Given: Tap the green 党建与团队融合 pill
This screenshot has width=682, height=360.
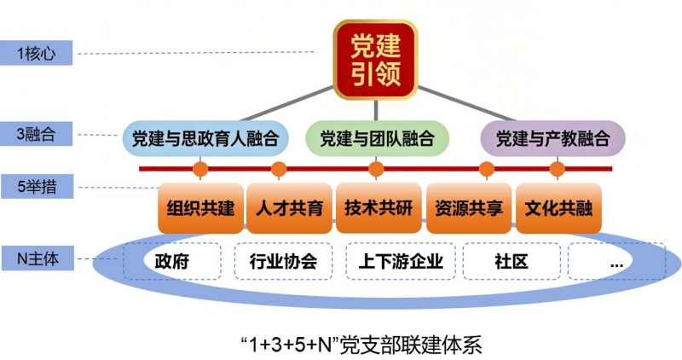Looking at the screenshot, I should [x=372, y=137].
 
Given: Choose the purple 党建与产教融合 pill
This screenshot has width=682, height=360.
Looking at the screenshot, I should [x=552, y=137].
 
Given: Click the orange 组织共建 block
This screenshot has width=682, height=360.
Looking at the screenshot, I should [x=201, y=207].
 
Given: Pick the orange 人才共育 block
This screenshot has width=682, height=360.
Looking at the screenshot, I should [x=290, y=207].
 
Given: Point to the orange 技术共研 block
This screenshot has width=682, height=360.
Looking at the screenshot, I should [x=379, y=207].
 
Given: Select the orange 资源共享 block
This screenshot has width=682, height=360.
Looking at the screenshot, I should [x=468, y=207].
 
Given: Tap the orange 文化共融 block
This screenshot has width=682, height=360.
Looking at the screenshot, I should [x=558, y=207].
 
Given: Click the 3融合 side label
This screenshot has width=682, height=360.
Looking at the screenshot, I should [x=37, y=133].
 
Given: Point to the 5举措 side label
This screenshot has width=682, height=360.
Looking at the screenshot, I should [x=37, y=184].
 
